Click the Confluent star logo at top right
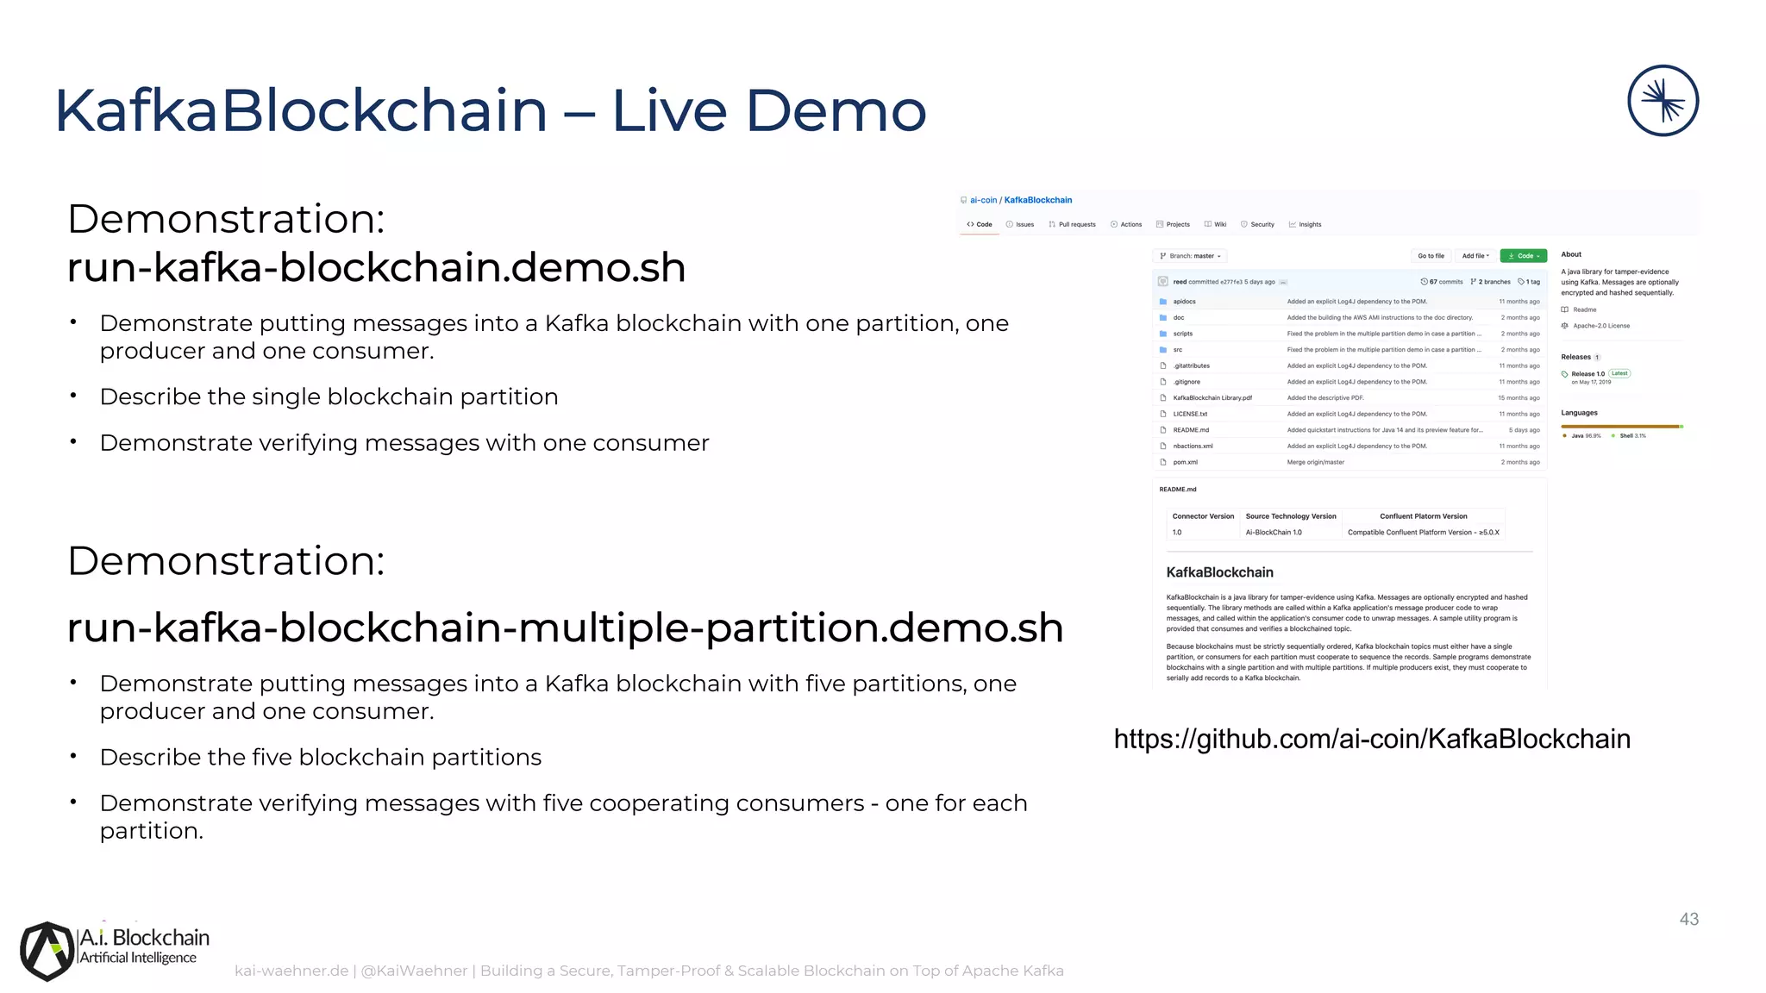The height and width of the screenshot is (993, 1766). [1663, 101]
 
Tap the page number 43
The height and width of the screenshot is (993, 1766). [1688, 920]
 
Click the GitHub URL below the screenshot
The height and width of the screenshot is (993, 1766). [1371, 739]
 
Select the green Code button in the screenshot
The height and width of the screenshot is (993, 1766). [1523, 256]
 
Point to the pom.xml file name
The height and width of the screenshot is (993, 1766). [1185, 463]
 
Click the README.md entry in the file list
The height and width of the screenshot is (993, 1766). [1191, 430]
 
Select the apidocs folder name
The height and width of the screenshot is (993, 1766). [1184, 302]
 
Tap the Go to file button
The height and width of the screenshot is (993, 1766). [1431, 256]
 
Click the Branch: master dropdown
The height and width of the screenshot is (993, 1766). [1191, 256]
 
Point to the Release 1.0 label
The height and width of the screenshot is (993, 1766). [1588, 374]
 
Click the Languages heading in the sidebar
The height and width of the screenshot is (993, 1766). [1579, 413]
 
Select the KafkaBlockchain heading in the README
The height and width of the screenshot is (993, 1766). [1219, 572]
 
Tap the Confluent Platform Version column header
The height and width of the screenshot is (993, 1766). [1423, 516]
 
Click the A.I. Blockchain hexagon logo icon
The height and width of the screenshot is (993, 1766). [47, 951]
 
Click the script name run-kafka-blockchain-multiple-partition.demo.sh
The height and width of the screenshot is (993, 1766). [565, 628]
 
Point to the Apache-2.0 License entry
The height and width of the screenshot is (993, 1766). [1600, 326]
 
